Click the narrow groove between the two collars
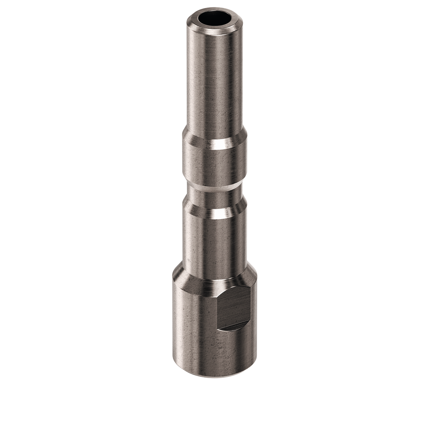click(x=214, y=194)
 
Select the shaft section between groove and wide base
click(x=214, y=242)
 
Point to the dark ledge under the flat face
click(x=234, y=327)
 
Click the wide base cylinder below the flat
click(x=214, y=353)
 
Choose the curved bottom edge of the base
click(x=214, y=376)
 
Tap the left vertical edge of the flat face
click(x=219, y=309)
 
